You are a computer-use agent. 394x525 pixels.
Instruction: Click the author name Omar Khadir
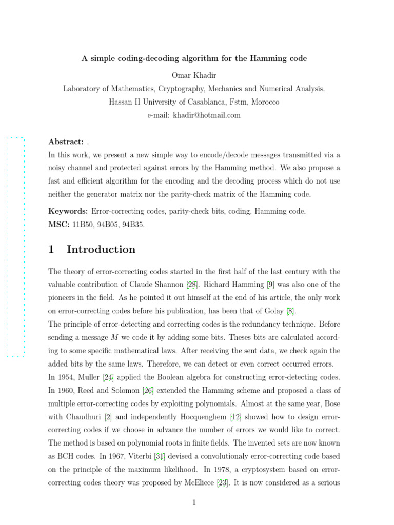(194, 76)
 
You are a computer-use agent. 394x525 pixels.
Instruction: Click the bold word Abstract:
(66, 142)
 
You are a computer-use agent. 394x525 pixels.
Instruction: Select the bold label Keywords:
(68, 211)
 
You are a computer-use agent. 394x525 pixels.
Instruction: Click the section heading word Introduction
(101, 250)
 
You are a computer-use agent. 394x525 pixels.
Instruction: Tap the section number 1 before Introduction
(51, 250)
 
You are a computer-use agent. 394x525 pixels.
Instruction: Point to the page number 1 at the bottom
(194, 502)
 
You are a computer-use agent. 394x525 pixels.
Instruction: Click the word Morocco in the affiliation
(265, 102)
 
